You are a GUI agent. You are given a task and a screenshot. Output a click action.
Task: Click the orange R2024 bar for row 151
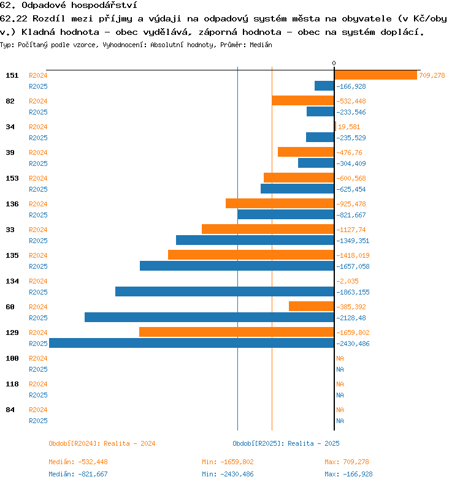tap(375, 75)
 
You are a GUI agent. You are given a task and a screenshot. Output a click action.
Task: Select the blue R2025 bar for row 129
tap(191, 344)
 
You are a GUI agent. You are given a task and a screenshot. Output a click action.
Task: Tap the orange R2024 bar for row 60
tap(312, 306)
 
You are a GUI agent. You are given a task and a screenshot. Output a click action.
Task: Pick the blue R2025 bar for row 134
tap(224, 291)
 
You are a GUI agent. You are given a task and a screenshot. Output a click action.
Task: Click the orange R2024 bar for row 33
tap(268, 229)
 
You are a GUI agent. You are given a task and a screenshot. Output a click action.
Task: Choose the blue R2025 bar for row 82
tap(320, 111)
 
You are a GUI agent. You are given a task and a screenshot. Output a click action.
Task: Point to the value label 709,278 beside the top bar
tap(432, 75)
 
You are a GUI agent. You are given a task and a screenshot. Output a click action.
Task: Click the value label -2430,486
tap(354, 344)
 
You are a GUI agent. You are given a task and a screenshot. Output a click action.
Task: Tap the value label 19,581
tap(347, 127)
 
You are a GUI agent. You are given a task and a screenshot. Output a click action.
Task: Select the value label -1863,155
tap(353, 292)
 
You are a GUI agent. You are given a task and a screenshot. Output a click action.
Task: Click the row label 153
tap(12, 178)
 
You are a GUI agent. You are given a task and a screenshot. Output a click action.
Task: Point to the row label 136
tap(12, 204)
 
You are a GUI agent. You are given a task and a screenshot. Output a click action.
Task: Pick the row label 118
tap(12, 384)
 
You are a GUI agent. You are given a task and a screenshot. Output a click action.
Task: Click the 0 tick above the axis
tap(334, 63)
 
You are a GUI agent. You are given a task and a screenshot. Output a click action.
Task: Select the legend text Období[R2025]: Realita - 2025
tap(286, 443)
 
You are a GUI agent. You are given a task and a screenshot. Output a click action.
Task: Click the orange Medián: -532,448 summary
tap(78, 462)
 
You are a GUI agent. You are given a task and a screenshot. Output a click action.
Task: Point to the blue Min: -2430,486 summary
tap(228, 474)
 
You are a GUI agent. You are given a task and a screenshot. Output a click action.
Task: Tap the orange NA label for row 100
tap(340, 358)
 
